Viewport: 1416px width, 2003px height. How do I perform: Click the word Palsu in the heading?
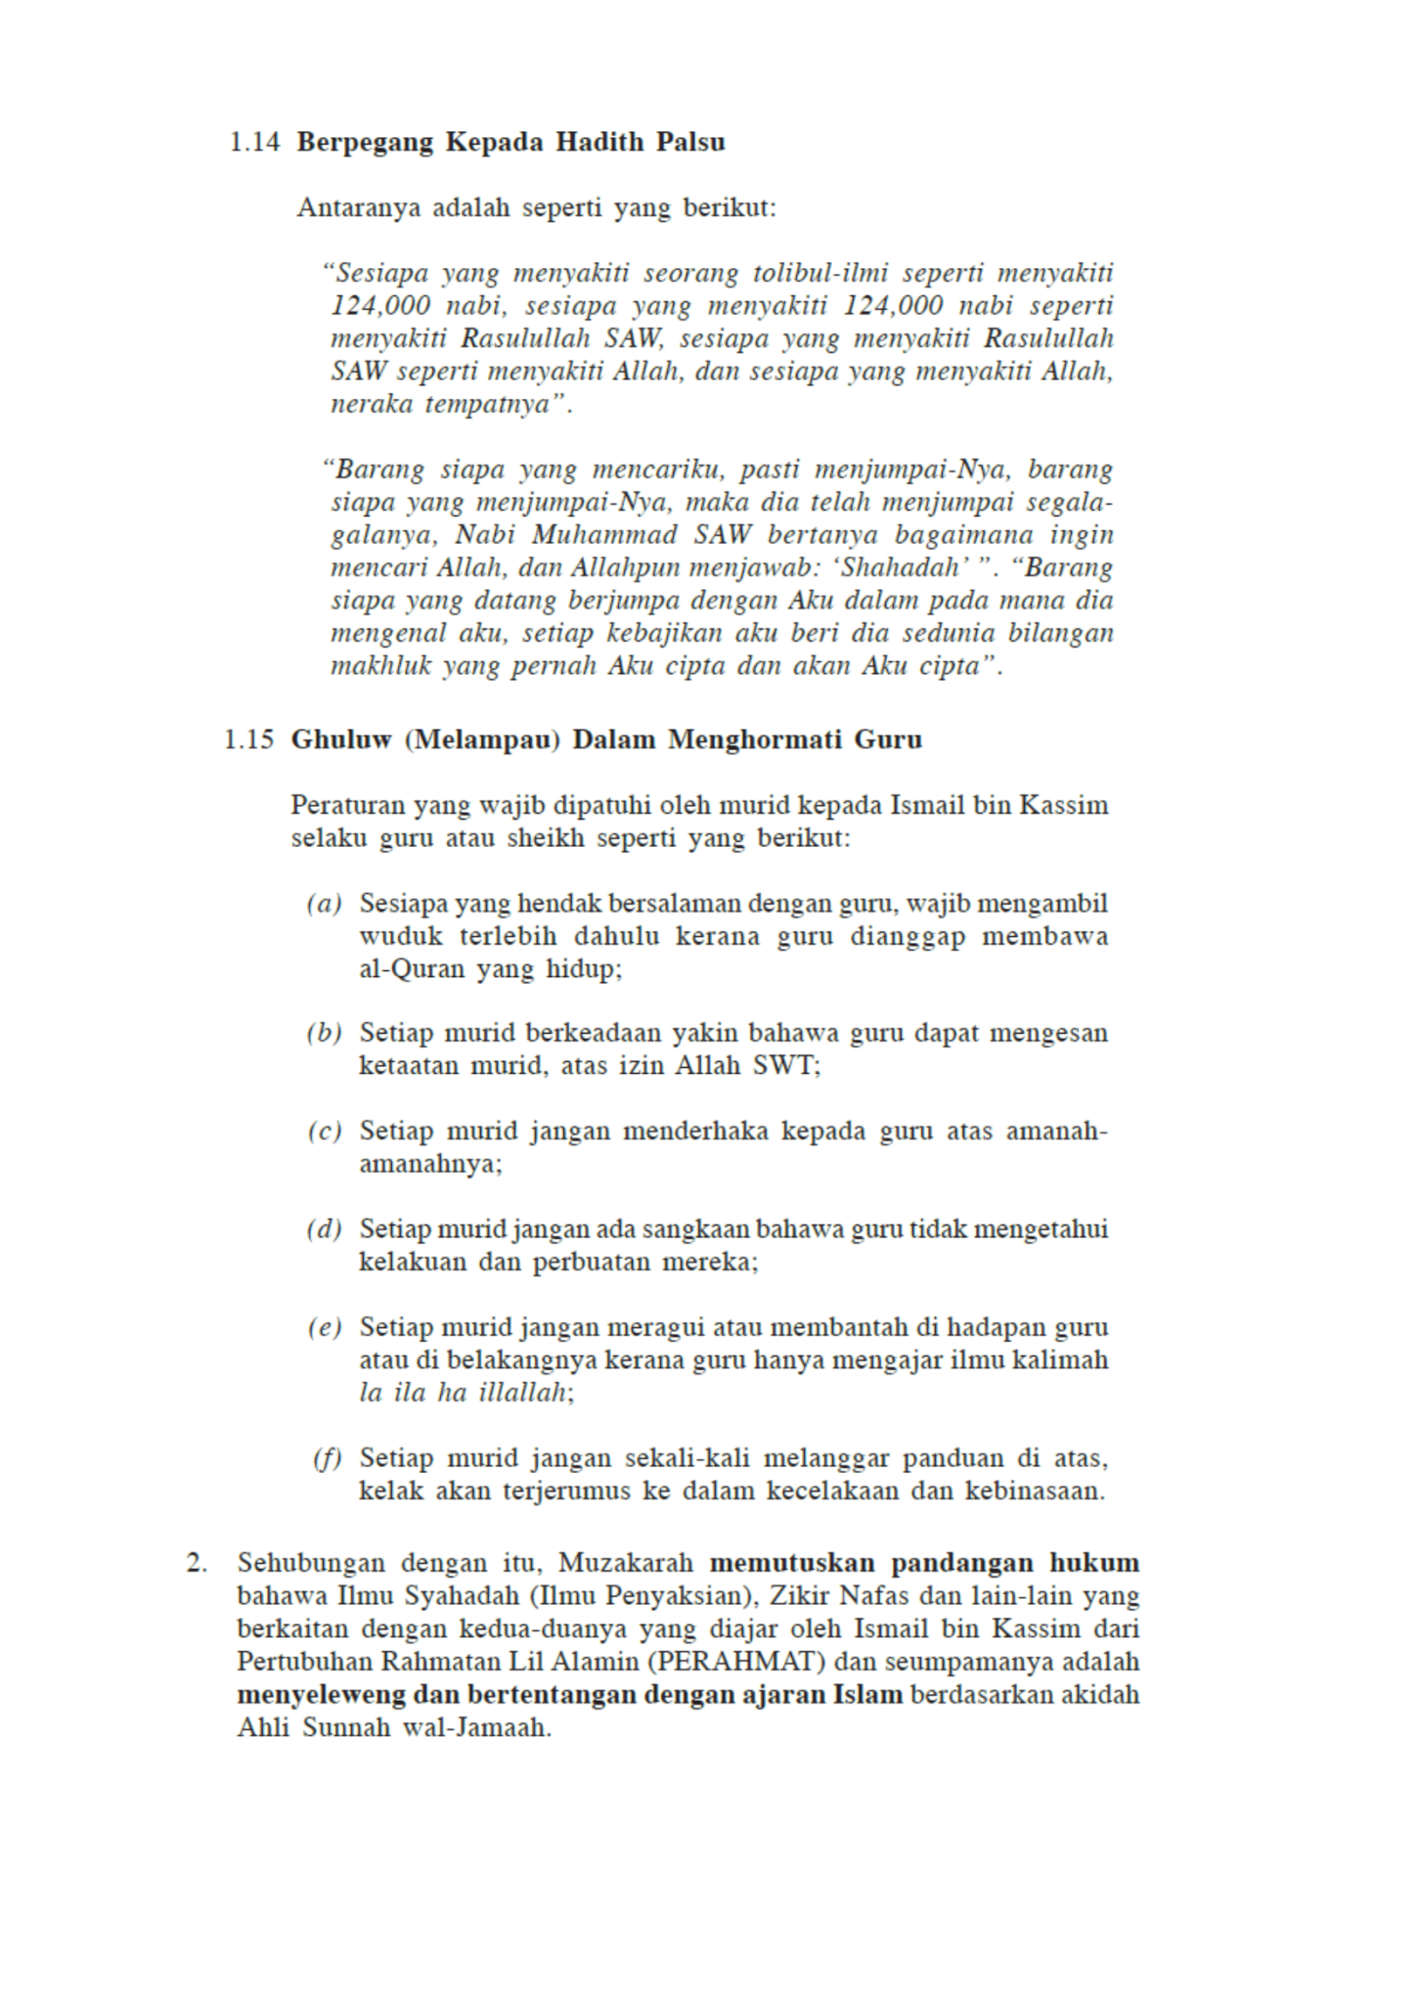click(x=690, y=143)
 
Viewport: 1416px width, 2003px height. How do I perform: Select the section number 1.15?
click(x=248, y=739)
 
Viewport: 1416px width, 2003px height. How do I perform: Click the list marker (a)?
click(x=324, y=904)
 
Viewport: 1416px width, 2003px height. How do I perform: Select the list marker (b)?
click(x=324, y=1034)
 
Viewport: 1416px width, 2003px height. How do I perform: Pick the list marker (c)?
click(x=324, y=1133)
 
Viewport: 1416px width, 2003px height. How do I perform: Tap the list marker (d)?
click(x=324, y=1229)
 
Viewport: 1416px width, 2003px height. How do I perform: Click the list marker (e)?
click(x=324, y=1328)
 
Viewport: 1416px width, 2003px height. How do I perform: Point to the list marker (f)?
click(x=327, y=1459)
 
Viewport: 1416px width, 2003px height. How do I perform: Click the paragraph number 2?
click(x=197, y=1563)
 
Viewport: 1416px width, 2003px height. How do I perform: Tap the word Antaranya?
click(x=359, y=208)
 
